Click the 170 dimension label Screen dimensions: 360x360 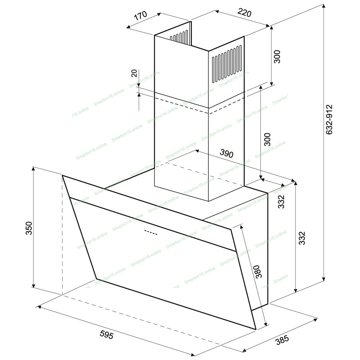(140, 15)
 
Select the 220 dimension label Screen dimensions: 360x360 (244, 13)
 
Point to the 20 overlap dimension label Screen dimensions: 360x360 (134, 73)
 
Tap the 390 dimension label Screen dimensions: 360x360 (226, 153)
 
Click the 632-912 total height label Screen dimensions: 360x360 (329, 120)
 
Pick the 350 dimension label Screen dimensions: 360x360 (29, 228)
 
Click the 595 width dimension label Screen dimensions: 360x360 (107, 335)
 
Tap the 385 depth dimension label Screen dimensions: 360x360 (282, 340)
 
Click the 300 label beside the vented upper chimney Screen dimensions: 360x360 (277, 57)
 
